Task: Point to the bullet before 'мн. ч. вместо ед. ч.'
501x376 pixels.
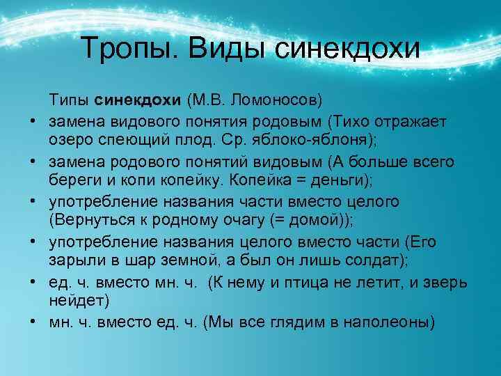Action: tap(33, 323)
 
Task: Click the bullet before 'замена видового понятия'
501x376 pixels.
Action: tap(33, 123)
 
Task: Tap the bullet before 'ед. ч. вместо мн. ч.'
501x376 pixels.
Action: tap(33, 283)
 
